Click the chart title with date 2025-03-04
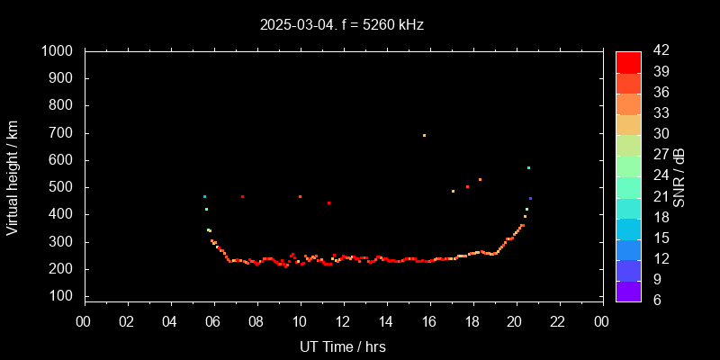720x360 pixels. (x=341, y=24)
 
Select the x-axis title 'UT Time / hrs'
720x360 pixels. (x=343, y=346)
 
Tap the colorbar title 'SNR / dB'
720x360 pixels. (x=679, y=176)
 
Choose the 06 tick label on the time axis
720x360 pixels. (x=214, y=322)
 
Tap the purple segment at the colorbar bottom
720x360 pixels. (x=628, y=291)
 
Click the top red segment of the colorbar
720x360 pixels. (x=628, y=61)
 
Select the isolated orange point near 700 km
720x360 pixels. (x=424, y=136)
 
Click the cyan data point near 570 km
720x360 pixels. (x=528, y=168)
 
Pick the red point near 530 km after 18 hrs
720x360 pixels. (x=480, y=180)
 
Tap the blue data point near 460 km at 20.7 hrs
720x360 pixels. (x=530, y=198)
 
